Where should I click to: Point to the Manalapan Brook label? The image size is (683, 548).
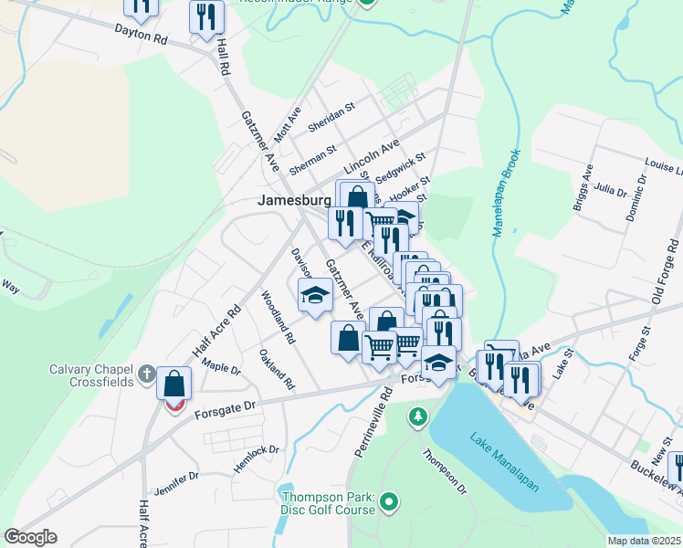point(506,193)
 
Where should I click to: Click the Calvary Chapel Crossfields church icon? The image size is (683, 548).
point(147,374)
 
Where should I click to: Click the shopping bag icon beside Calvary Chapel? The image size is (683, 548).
point(173,383)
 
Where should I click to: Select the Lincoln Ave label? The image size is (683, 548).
point(373,157)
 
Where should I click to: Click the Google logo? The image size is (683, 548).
point(30,537)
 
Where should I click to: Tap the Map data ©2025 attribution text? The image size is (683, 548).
point(645,541)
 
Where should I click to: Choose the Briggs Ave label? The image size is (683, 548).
point(583,188)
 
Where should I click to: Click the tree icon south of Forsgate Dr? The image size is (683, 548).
point(418,416)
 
